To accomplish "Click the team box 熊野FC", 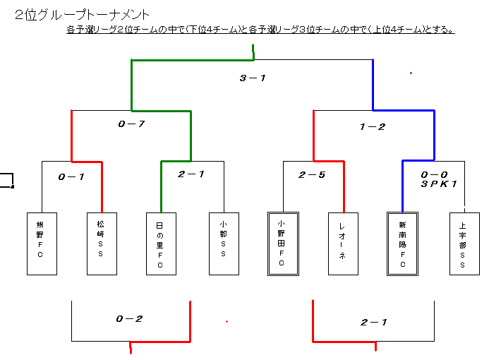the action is pos(42,244).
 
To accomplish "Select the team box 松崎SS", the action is pos(102,244).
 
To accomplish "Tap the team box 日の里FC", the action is pos(161,244).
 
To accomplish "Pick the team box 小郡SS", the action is pos(224,244).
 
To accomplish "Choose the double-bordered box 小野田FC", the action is pos(283,244).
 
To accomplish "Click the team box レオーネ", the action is pos(343,244).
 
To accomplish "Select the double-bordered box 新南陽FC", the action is pos(403,244).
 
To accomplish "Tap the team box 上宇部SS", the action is pos(464,244).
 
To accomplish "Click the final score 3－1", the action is pos(253,78).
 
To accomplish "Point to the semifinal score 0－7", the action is pos(131,124).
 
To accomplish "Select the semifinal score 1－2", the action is pos(373,127).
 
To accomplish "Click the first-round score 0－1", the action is pos(71,176).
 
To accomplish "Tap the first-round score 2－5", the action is pos(312,175).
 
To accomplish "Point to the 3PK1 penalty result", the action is pos(439,184).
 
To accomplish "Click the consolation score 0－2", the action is pos(129,319).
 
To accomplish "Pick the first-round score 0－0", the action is pos(434,174).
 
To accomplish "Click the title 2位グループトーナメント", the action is pos(82,15).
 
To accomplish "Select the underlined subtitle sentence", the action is pos(260,30).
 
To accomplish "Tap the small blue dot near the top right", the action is pos(411,73).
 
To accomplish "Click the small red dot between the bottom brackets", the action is pos(227,321).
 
